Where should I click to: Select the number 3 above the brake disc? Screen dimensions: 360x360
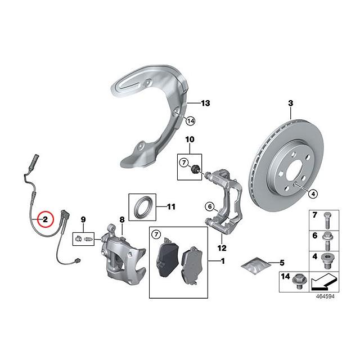291,103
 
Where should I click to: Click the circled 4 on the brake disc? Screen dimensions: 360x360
313,193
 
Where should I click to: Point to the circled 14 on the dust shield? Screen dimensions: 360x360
191,120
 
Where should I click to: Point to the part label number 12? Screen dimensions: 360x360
222,248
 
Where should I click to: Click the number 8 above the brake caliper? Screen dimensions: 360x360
121,219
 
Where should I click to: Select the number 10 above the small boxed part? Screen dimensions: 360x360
190,139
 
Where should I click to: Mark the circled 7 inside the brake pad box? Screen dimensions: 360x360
157,235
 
